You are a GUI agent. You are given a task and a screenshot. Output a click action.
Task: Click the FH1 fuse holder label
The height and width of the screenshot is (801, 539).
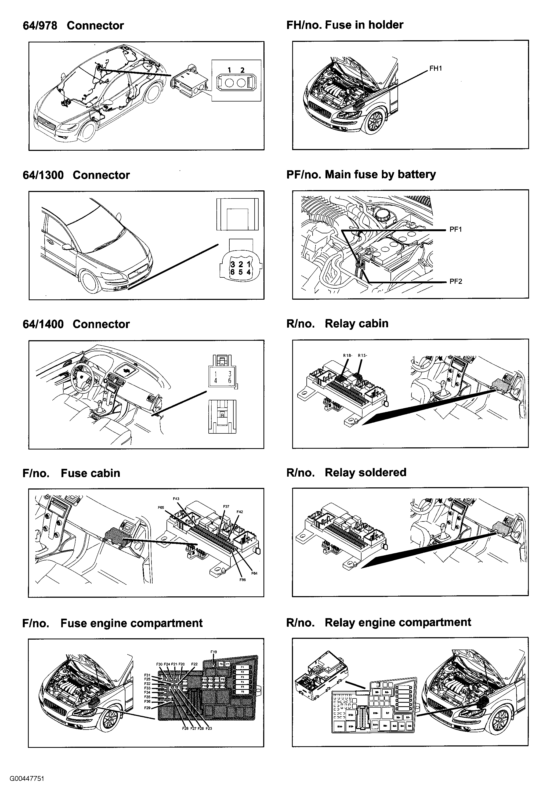coord(436,68)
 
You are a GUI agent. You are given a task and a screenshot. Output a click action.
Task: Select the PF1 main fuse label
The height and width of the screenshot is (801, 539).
coord(455,229)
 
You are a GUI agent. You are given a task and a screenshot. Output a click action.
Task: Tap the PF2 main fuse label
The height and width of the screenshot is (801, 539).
coord(455,281)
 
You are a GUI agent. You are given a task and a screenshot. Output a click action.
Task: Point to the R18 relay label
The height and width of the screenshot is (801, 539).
coord(348,355)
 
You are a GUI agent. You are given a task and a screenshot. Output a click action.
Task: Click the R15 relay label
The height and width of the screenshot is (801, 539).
coord(362,355)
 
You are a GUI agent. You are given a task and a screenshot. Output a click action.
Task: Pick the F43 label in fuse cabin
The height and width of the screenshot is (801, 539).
coord(176,499)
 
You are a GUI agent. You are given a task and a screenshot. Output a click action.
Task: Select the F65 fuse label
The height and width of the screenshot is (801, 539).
coord(161,508)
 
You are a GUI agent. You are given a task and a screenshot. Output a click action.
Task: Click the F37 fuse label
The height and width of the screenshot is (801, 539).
coord(226,506)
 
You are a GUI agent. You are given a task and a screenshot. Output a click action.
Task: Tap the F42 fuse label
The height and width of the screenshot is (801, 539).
coord(240,512)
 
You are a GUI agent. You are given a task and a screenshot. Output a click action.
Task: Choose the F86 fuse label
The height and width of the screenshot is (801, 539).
coord(243,580)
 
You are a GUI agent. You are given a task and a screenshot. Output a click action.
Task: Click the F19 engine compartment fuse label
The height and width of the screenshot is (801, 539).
coord(214,651)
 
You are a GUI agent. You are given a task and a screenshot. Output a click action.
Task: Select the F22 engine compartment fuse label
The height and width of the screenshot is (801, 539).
coord(194,664)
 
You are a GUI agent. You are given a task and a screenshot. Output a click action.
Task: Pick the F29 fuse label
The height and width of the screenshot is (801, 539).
coord(147,708)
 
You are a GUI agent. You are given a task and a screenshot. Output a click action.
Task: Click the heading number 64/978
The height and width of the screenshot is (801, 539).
coord(40,26)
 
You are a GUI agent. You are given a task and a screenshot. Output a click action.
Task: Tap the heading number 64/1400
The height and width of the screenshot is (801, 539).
coord(43,324)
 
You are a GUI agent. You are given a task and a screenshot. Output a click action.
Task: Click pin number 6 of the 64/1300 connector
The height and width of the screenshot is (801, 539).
coord(233,272)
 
